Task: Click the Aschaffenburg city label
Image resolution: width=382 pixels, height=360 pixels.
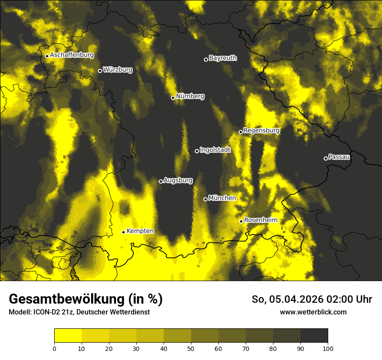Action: (x=72, y=55)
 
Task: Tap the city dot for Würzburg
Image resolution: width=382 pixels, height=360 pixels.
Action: (x=100, y=71)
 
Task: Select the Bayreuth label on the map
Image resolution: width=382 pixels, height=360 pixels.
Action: (x=223, y=58)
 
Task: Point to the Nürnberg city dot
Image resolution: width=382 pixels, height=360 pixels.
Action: (x=173, y=98)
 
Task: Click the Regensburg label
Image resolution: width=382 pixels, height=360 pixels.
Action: (x=261, y=131)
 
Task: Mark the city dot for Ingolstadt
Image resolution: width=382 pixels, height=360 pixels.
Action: (x=197, y=151)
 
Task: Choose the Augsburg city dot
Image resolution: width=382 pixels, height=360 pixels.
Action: (x=161, y=181)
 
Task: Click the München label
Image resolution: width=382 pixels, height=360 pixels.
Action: (x=222, y=198)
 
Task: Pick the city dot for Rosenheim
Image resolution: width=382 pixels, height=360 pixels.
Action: (x=241, y=221)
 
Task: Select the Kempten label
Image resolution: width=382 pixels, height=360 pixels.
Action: (x=140, y=231)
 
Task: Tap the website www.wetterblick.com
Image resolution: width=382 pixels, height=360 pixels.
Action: (x=313, y=312)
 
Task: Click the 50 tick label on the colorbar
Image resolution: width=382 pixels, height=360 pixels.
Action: (x=191, y=348)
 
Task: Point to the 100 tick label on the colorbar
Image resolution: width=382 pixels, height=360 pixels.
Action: (x=328, y=348)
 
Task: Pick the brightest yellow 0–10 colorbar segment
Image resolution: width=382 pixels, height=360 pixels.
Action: (x=68, y=335)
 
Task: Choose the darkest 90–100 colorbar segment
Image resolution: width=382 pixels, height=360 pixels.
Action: (x=314, y=335)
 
